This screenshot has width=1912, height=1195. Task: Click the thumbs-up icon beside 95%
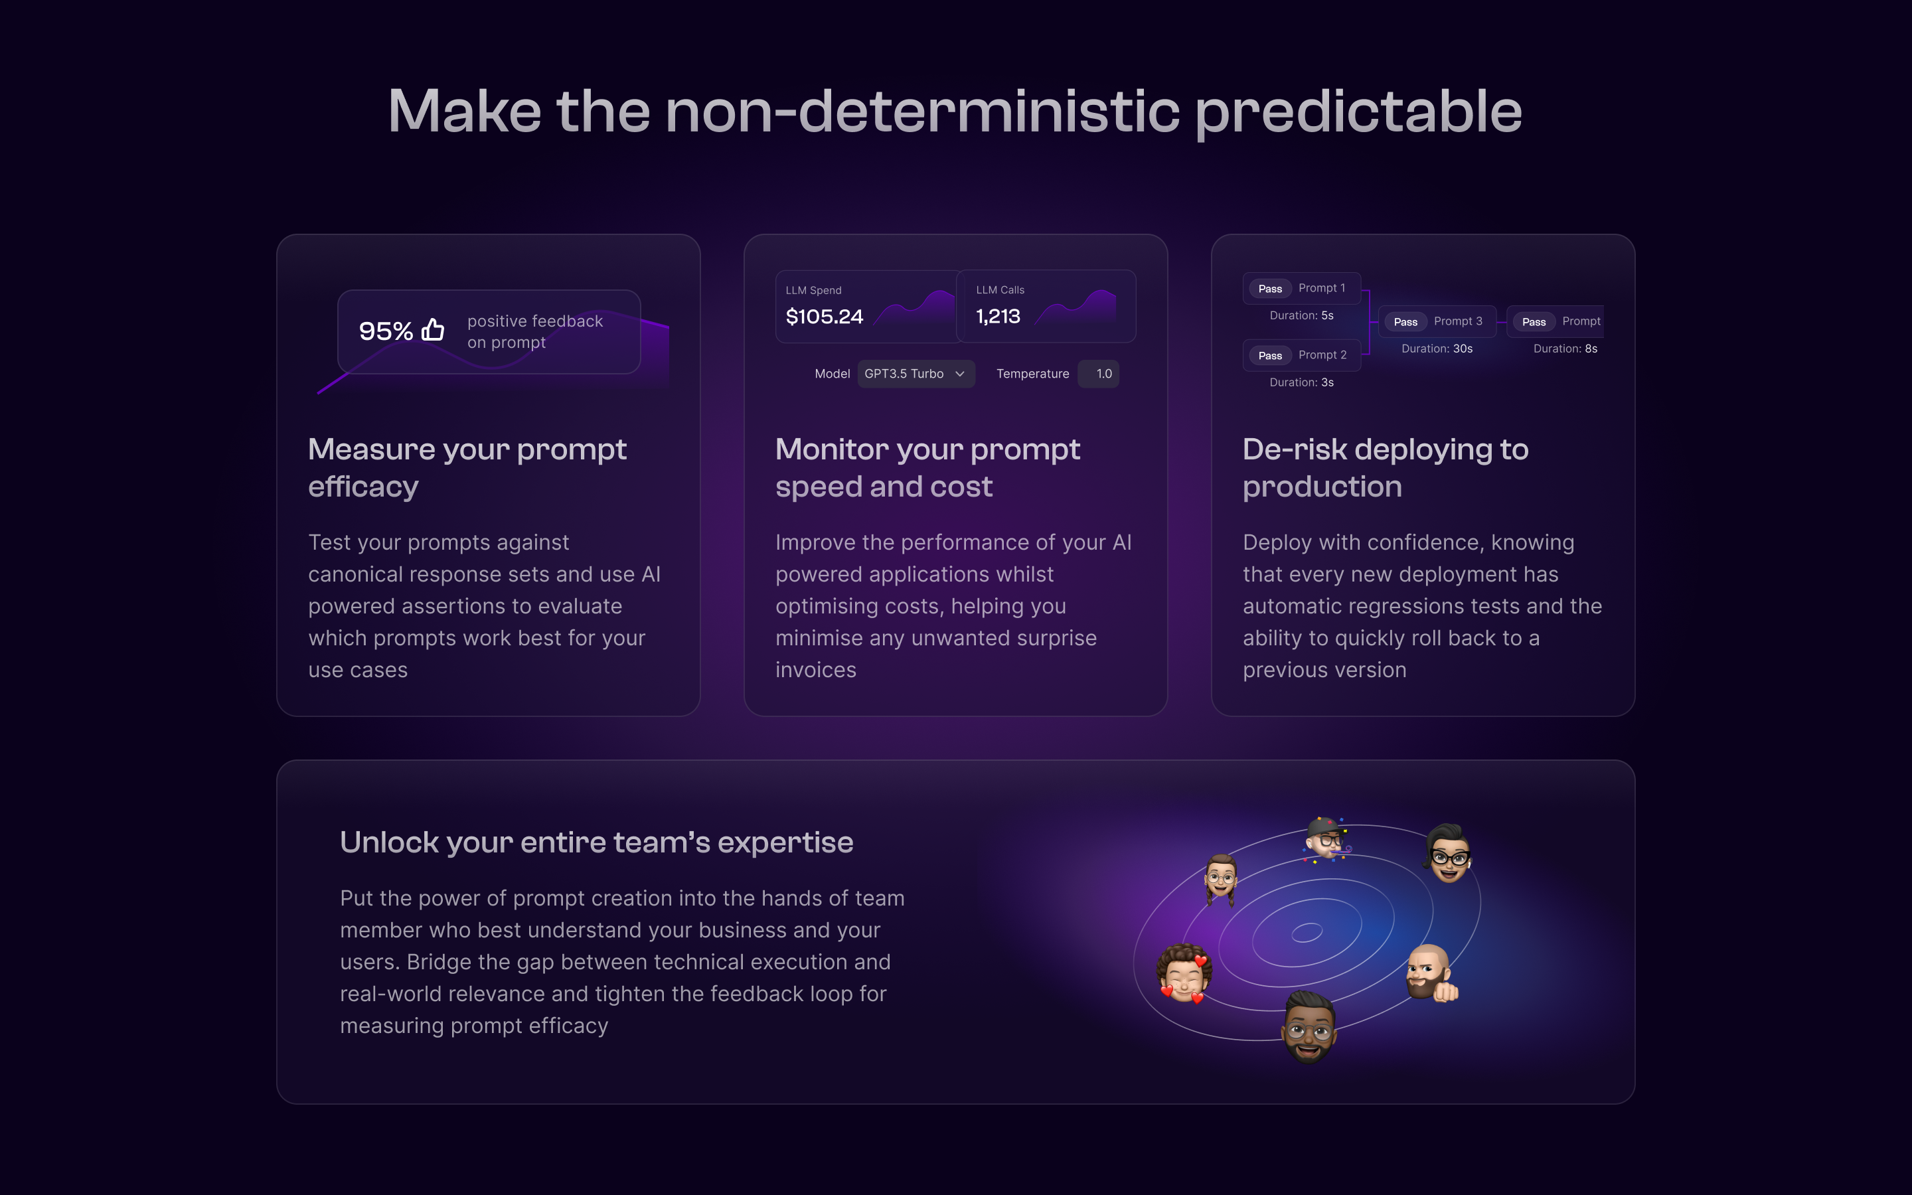(x=433, y=329)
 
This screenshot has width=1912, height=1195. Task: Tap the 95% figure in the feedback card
(x=386, y=331)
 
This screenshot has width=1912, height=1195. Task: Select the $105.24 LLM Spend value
(x=824, y=317)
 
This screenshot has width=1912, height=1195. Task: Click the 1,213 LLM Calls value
(x=998, y=316)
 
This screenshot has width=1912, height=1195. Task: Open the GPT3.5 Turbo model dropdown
(x=916, y=374)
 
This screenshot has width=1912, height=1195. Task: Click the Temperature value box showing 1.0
(x=1098, y=374)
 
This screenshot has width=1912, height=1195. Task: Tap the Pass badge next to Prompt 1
(x=1269, y=289)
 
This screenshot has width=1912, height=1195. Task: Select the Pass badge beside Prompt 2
(x=1269, y=356)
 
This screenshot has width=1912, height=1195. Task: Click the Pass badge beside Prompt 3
(x=1405, y=322)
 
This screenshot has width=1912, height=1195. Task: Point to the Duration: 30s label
(x=1437, y=349)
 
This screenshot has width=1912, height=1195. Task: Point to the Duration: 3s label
(x=1301, y=382)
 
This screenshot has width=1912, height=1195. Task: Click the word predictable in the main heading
(x=1358, y=112)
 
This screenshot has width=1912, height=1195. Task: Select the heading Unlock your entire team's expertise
(x=597, y=842)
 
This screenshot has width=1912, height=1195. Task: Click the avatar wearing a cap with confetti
(x=1326, y=839)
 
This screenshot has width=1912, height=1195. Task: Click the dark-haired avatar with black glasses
(x=1450, y=854)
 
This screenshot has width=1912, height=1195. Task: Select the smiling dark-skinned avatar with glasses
(x=1309, y=1028)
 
